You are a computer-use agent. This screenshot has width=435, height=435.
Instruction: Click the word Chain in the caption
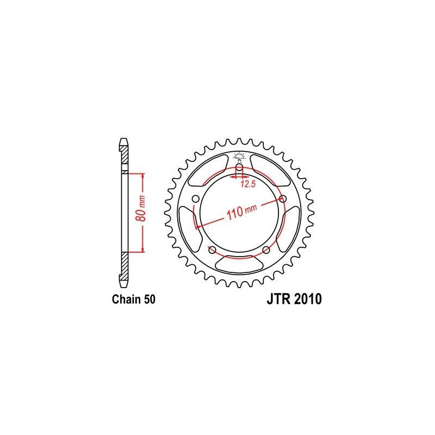(124, 299)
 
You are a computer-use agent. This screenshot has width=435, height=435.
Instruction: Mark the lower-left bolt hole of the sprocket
(212, 250)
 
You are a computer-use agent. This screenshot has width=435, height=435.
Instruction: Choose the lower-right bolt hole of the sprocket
(266, 250)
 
